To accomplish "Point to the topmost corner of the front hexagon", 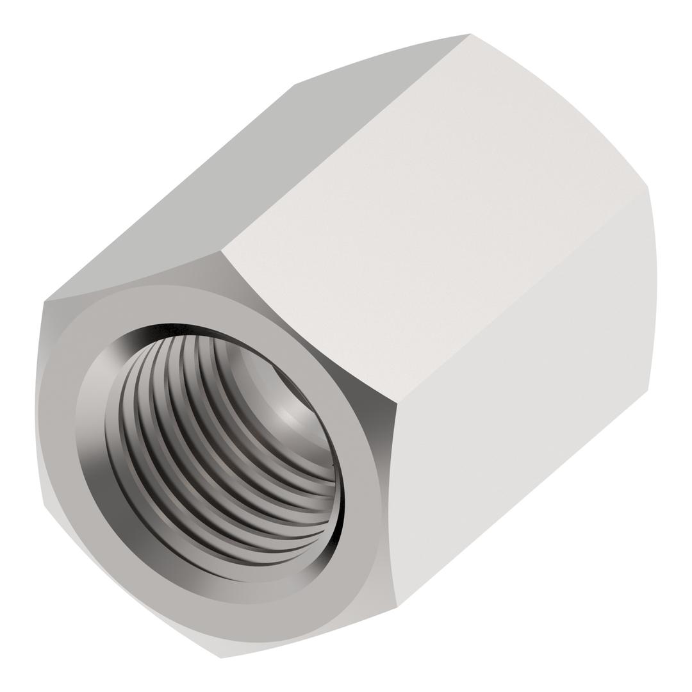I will pyautogui.click(x=220, y=251).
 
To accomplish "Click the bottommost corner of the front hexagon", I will pyautogui.click(x=220, y=658).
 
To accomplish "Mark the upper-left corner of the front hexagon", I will pyautogui.click(x=44, y=301).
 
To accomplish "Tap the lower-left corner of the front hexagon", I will pyautogui.click(x=44, y=506).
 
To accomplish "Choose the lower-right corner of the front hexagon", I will pyautogui.click(x=397, y=607).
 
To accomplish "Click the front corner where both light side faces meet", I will pyautogui.click(x=397, y=404).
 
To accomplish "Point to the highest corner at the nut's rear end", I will pyautogui.click(x=470, y=33).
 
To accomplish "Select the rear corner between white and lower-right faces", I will pyautogui.click(x=648, y=186).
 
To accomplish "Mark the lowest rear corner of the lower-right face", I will pyautogui.click(x=647, y=390).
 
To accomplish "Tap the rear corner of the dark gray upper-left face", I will pyautogui.click(x=295, y=85).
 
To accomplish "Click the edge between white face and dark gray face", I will pyautogui.click(x=346, y=142).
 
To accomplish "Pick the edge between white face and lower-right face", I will pyautogui.click(x=522, y=295).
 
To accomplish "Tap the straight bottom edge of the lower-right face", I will pyautogui.click(x=522, y=498).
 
